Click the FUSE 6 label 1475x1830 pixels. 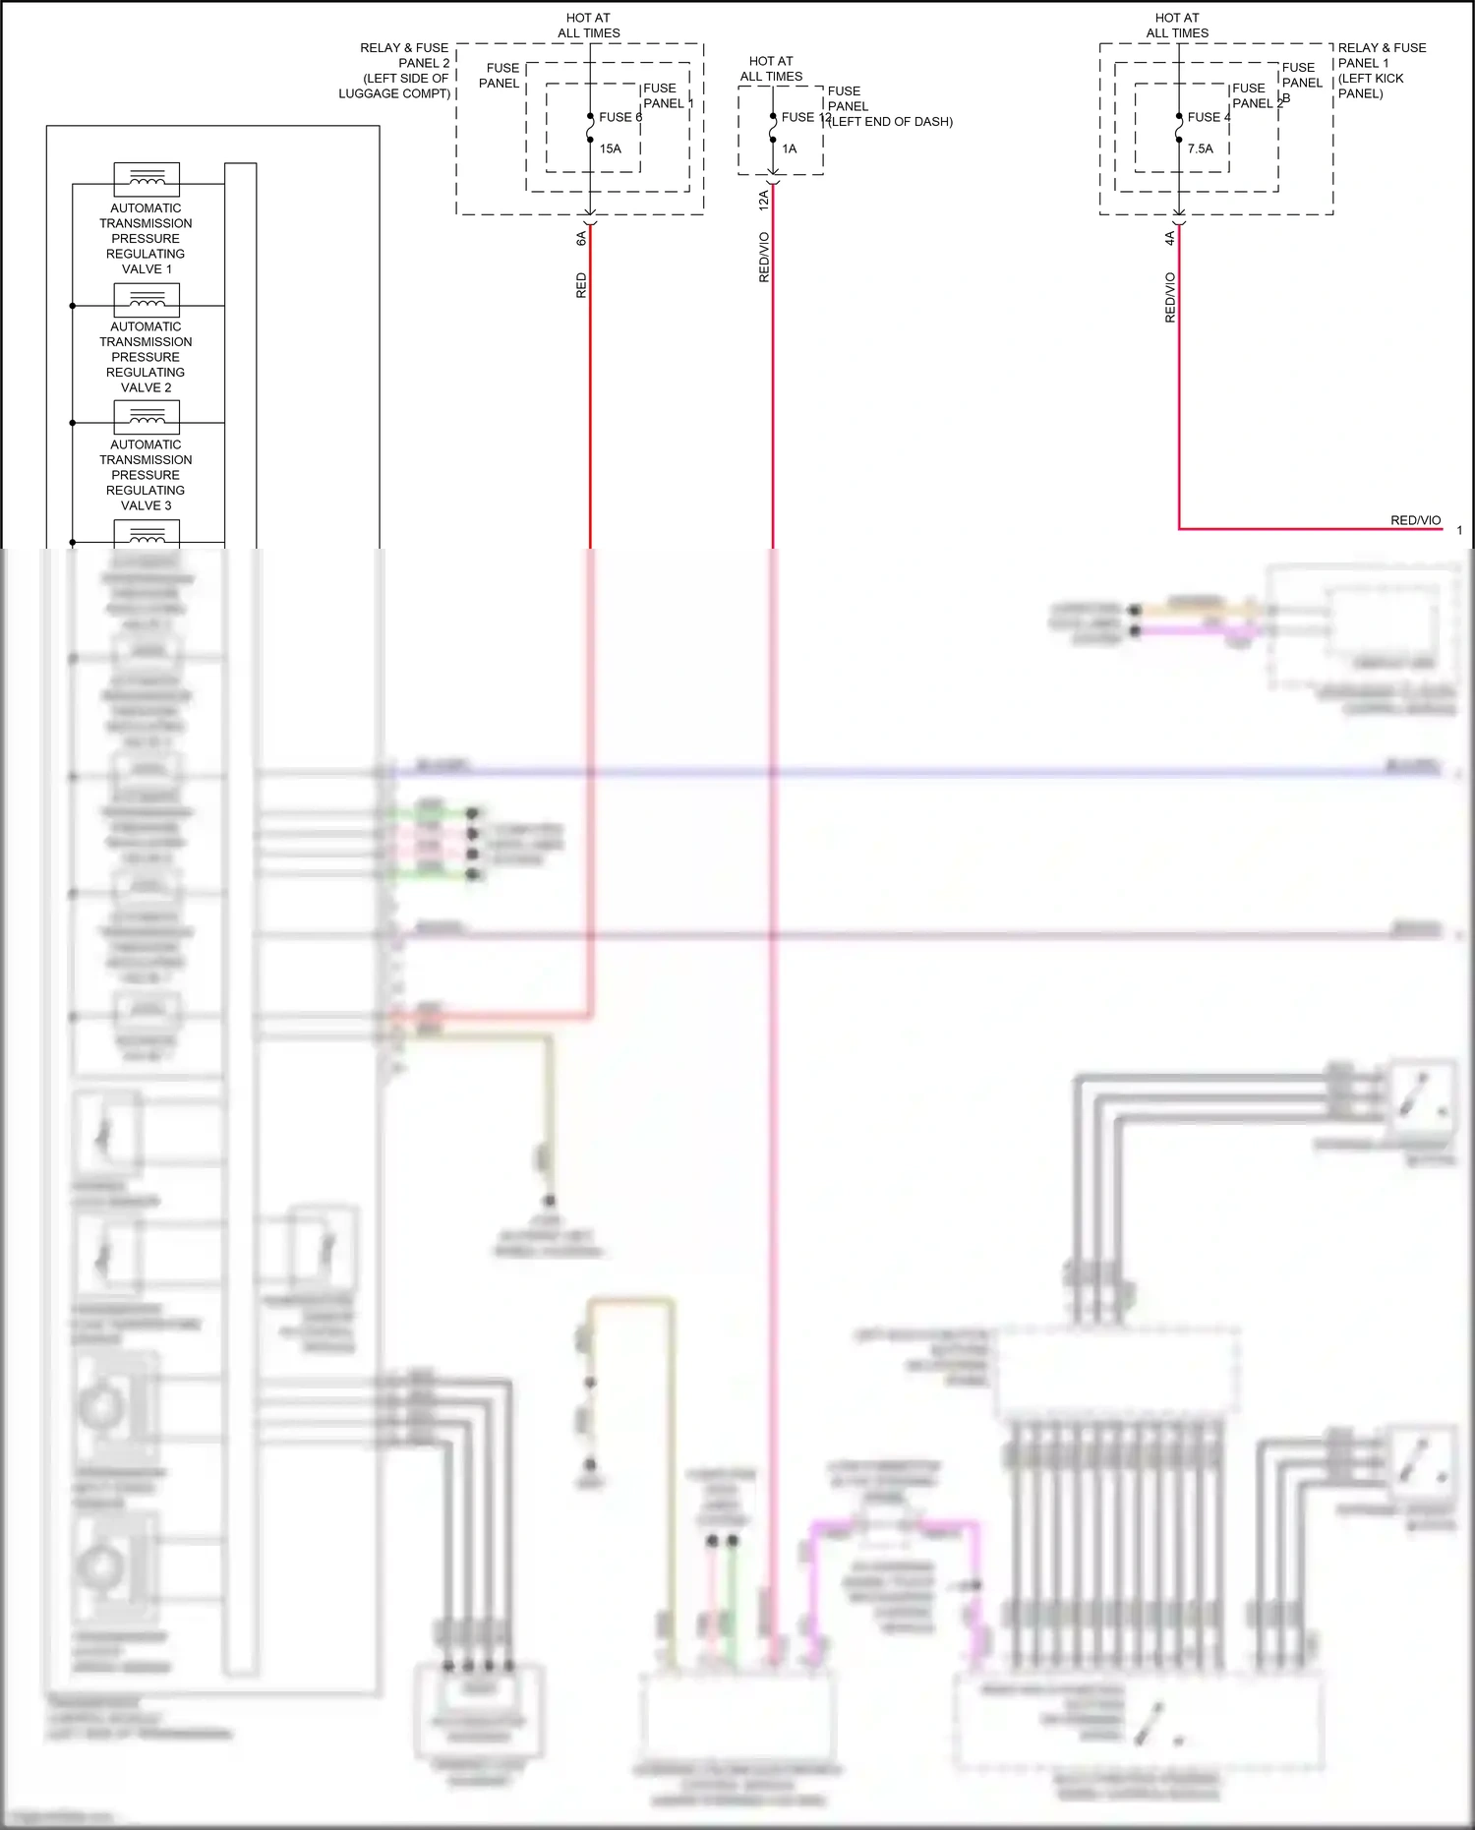(x=619, y=117)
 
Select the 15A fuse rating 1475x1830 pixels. (x=611, y=148)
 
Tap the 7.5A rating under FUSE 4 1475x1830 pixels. (x=1200, y=148)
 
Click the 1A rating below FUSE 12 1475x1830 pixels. (x=790, y=148)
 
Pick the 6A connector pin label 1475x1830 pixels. (x=581, y=238)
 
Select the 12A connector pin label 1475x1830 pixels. (x=764, y=201)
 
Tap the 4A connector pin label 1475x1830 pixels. (x=1170, y=238)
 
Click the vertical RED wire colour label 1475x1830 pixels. (x=581, y=285)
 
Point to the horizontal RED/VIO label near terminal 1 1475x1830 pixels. (x=1415, y=520)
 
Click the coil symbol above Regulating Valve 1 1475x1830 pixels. (x=147, y=179)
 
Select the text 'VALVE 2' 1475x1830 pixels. (x=146, y=387)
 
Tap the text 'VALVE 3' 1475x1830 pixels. (x=146, y=505)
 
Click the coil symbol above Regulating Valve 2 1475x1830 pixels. (x=147, y=299)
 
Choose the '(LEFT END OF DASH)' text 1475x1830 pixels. (x=891, y=122)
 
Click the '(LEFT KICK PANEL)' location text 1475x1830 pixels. (x=1371, y=86)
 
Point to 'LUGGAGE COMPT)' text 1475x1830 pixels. (x=394, y=93)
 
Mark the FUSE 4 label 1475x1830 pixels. (x=1209, y=117)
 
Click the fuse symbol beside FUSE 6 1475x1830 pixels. (x=590, y=128)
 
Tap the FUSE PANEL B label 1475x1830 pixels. (x=1301, y=83)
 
